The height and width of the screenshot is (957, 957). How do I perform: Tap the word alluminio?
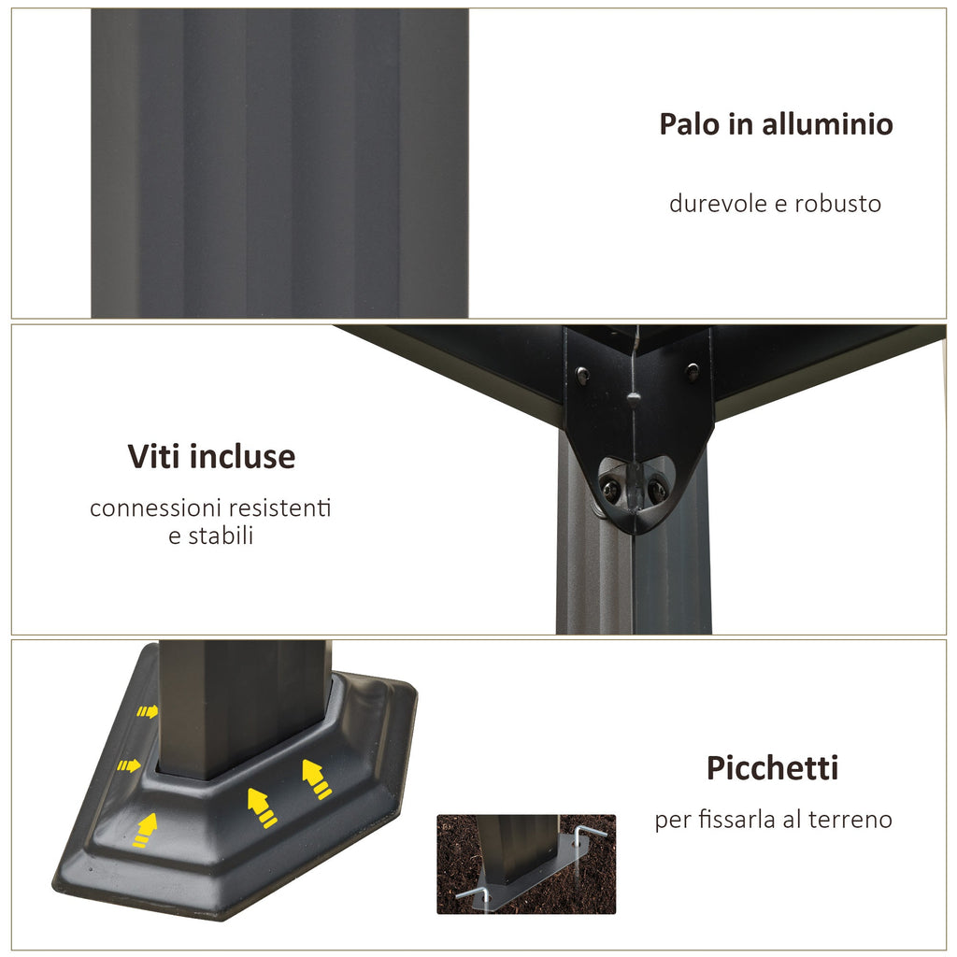click(x=828, y=124)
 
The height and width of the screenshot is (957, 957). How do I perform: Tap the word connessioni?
click(x=155, y=507)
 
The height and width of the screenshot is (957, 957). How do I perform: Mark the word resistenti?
click(x=280, y=507)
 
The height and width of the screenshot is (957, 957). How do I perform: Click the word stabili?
click(x=221, y=536)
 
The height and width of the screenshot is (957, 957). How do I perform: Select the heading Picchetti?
click(x=772, y=768)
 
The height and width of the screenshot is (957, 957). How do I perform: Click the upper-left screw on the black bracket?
click(x=582, y=372)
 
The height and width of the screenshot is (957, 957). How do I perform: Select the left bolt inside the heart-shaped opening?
click(x=609, y=487)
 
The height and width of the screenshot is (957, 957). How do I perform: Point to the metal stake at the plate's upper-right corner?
click(x=588, y=836)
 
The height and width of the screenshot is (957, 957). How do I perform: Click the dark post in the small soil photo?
click(x=518, y=849)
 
